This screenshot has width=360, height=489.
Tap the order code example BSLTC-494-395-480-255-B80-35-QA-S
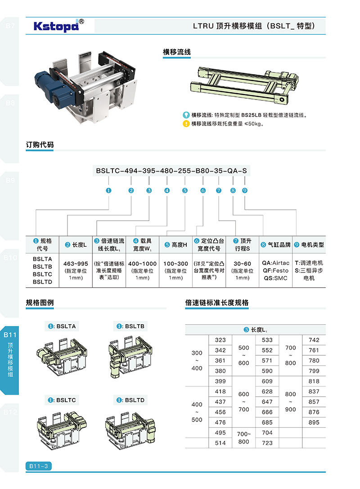point(171,171)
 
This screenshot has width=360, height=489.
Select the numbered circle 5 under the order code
point(185,190)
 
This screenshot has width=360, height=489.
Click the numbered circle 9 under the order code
point(245,190)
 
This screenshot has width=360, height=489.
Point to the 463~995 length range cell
point(76,263)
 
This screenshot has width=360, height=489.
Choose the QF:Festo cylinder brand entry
point(275,270)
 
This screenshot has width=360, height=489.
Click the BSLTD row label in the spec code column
point(42,281)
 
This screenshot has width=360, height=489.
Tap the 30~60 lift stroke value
point(242,263)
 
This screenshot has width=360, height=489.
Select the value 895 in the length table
point(314,422)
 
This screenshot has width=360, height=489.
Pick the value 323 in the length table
point(220,340)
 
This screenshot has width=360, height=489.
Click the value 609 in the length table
point(267,381)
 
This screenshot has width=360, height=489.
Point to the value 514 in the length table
point(220,443)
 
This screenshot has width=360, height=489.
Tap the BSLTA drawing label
point(62,326)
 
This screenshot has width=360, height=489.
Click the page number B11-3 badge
point(39,466)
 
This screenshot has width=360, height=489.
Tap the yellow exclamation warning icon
point(186,124)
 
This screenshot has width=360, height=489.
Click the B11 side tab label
point(10,335)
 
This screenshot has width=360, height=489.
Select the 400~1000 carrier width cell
point(143,263)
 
